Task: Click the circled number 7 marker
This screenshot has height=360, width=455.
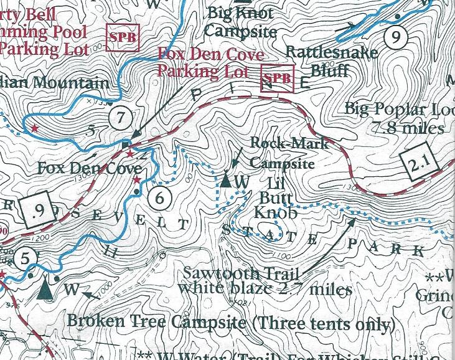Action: pyautogui.click(x=120, y=116)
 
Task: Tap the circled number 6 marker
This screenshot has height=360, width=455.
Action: pyautogui.click(x=160, y=198)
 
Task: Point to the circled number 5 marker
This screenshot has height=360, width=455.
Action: pyautogui.click(x=25, y=257)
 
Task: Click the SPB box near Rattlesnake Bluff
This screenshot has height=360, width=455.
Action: pyautogui.click(x=277, y=78)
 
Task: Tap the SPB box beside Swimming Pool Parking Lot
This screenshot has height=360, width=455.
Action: pyautogui.click(x=121, y=37)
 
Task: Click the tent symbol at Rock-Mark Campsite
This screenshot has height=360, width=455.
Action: pyautogui.click(x=226, y=180)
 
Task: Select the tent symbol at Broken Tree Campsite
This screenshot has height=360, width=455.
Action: pyautogui.click(x=44, y=290)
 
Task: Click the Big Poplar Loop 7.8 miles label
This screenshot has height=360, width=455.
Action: pyautogui.click(x=398, y=118)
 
